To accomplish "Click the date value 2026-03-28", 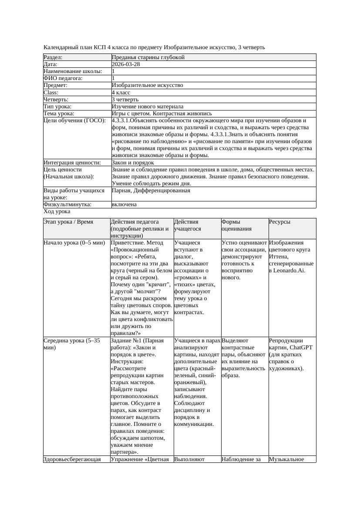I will click(126, 64).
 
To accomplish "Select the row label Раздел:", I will click(53, 57).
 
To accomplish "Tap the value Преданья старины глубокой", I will click(148, 57).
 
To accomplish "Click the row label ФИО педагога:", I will click(63, 78).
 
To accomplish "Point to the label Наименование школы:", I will click(73, 71).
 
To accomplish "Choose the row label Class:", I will click(51, 93).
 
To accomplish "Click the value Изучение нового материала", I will click(148, 107).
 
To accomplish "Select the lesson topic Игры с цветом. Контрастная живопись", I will click(162, 114).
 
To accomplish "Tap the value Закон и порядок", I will click(133, 163).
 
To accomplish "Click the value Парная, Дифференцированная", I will click(151, 191).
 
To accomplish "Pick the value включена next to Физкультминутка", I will click(124, 204).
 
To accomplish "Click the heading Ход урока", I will click(57, 211).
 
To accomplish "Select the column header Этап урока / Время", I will click(68, 222).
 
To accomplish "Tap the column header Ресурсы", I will click(279, 222).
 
